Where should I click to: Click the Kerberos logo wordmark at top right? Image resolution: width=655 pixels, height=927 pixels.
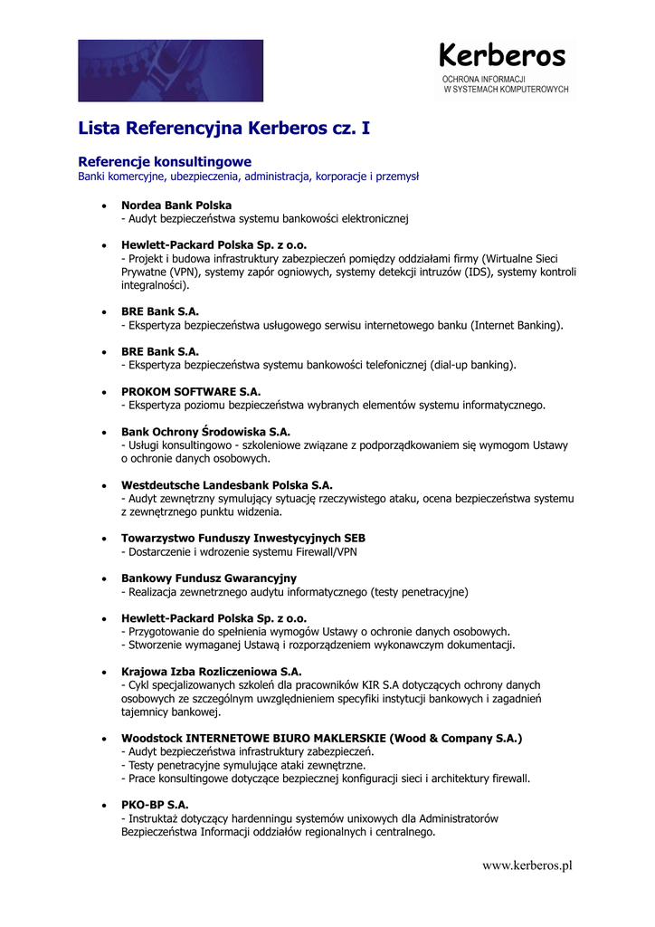click(x=502, y=56)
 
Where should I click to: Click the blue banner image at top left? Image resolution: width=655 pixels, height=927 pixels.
click(x=170, y=70)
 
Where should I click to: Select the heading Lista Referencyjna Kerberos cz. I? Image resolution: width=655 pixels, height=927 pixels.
click(x=223, y=129)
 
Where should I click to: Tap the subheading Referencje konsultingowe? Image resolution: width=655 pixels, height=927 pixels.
click(x=165, y=161)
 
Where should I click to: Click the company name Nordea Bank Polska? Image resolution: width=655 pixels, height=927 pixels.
click(x=176, y=205)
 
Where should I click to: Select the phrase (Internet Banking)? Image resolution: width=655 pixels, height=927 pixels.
click(x=517, y=325)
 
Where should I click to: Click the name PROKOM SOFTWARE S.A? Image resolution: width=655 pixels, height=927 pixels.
click(x=191, y=391)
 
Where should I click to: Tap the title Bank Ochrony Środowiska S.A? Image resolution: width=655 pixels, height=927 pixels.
click(x=205, y=432)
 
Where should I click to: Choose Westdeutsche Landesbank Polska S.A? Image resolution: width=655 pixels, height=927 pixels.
click(x=227, y=485)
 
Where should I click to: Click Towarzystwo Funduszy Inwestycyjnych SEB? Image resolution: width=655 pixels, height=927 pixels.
click(x=243, y=538)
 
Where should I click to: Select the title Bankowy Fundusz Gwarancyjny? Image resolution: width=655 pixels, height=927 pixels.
click(x=209, y=578)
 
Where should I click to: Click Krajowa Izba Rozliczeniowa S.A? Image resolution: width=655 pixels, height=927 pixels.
click(x=212, y=672)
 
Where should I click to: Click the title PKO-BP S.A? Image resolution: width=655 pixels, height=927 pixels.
click(x=155, y=805)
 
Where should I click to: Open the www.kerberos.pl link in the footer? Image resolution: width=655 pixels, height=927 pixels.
click(x=527, y=865)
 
